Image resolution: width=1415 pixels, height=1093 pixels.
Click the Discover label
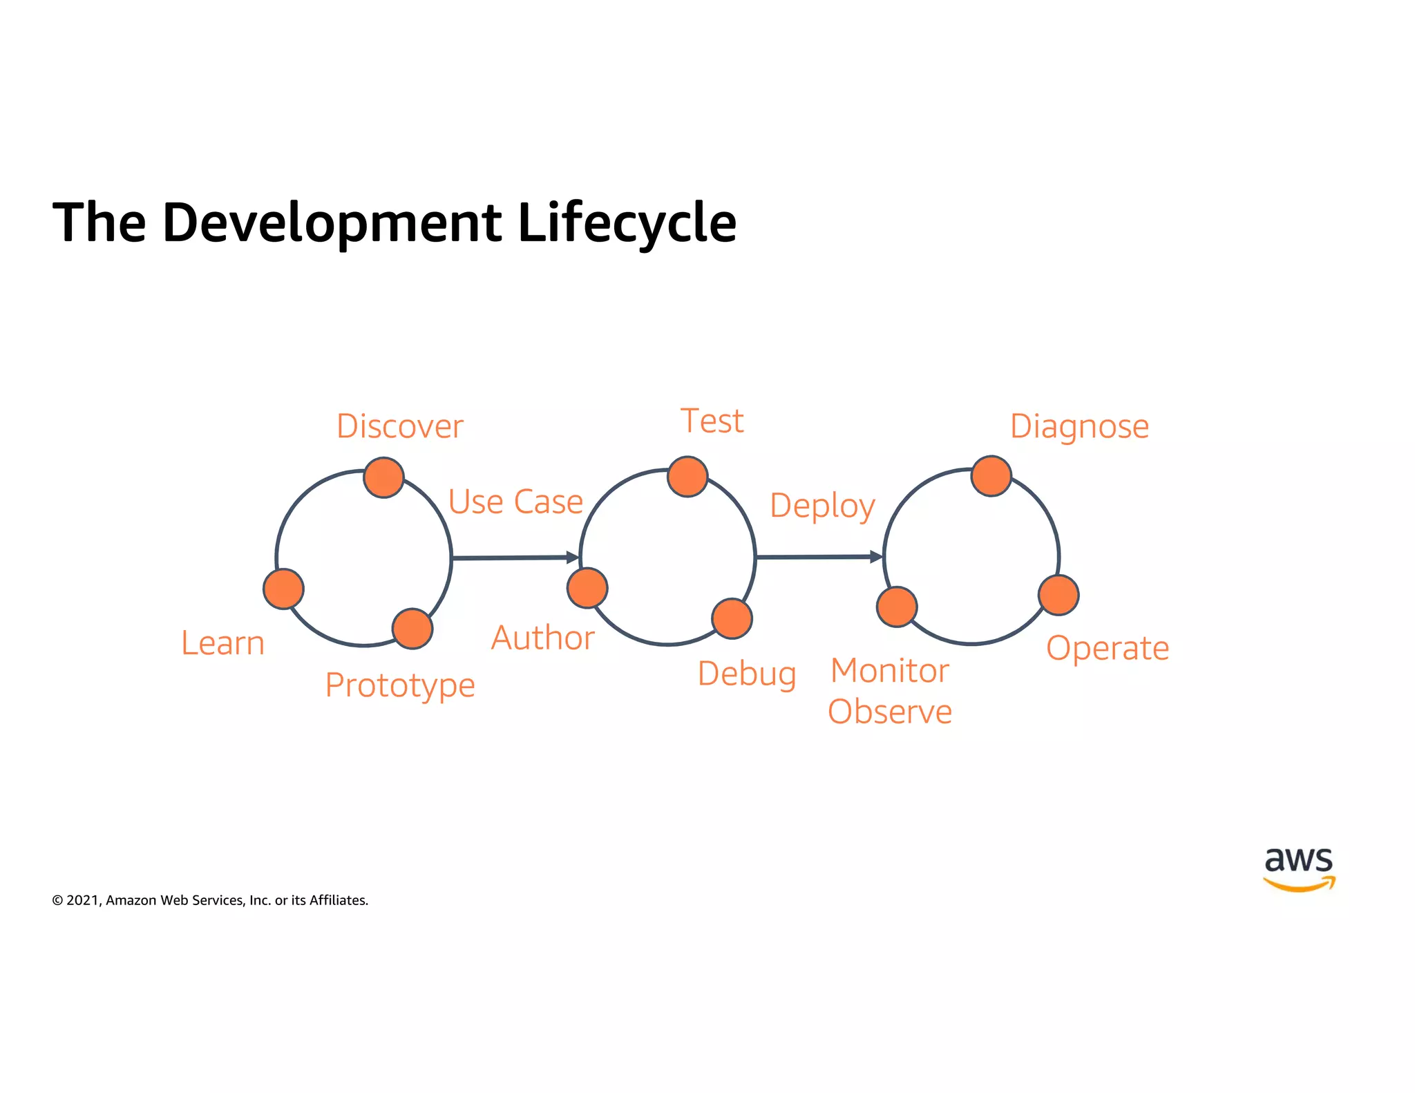click(x=399, y=426)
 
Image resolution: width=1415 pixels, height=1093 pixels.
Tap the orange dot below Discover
click(x=383, y=477)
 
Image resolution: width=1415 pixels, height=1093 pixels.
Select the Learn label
click(x=222, y=643)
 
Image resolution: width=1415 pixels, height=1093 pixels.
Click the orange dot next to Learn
click(x=283, y=589)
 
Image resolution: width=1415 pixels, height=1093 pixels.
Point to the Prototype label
click(x=400, y=685)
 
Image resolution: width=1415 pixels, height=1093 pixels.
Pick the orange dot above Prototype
click(x=412, y=629)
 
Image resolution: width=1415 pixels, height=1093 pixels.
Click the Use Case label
click(x=515, y=502)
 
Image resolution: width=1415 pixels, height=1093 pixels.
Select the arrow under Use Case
click(x=515, y=557)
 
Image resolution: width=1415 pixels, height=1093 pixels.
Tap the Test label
click(x=712, y=421)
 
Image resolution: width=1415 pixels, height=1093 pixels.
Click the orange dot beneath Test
click(x=687, y=477)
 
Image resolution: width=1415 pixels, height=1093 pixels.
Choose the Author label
click(x=542, y=638)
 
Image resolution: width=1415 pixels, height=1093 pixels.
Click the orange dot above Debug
click(x=732, y=618)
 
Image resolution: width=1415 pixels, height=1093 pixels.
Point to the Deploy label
click(x=822, y=505)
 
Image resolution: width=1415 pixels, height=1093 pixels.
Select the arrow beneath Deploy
click(x=819, y=556)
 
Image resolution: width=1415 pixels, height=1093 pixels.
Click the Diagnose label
click(x=1079, y=426)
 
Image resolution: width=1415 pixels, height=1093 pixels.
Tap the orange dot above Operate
click(x=1058, y=595)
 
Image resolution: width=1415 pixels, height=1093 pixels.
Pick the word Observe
click(x=890, y=712)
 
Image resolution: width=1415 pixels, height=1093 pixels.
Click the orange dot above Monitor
click(x=897, y=607)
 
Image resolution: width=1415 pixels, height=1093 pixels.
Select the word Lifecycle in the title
click(x=627, y=222)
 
